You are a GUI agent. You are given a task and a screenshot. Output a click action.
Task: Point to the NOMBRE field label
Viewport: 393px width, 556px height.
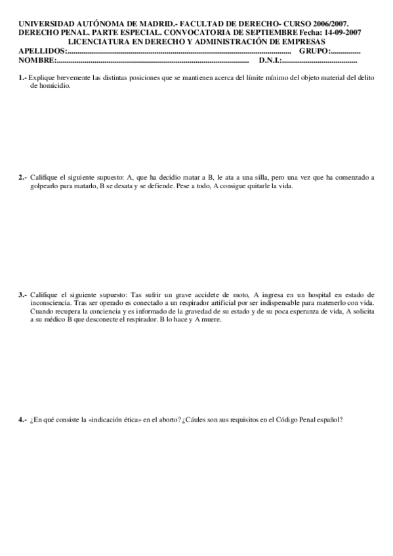[x=37, y=60]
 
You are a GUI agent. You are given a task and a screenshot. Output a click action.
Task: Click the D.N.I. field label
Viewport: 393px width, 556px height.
[x=270, y=60]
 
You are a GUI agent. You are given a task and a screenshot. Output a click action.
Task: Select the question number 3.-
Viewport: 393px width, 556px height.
[x=23, y=295]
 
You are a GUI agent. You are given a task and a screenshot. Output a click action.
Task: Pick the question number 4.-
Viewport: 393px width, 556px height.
[x=23, y=420]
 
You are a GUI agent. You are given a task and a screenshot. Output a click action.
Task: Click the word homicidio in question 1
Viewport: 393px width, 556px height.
[x=55, y=86]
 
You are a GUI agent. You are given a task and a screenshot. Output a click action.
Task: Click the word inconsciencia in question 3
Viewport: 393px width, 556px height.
[x=51, y=303]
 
